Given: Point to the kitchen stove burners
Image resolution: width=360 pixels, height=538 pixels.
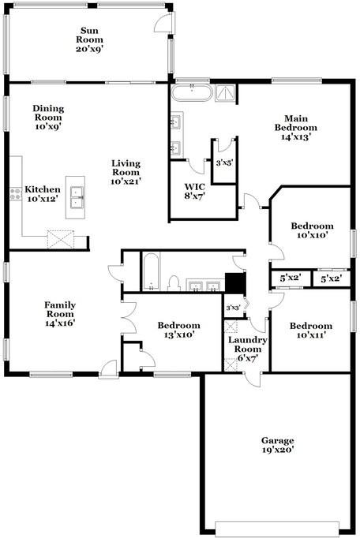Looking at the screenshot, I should [14, 194].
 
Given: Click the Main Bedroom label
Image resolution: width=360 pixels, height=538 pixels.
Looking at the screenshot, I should [296, 122].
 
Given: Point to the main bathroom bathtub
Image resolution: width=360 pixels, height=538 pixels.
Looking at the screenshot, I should [192, 93].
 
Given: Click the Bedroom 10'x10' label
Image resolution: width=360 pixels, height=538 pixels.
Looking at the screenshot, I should [312, 230].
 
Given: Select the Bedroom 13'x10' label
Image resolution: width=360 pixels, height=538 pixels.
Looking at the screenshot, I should [178, 330].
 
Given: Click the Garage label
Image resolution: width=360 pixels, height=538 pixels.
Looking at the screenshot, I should [278, 440].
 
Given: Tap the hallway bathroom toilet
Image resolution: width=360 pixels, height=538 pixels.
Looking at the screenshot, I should [173, 282].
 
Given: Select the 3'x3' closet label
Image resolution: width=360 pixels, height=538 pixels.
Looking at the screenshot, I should [232, 308].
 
